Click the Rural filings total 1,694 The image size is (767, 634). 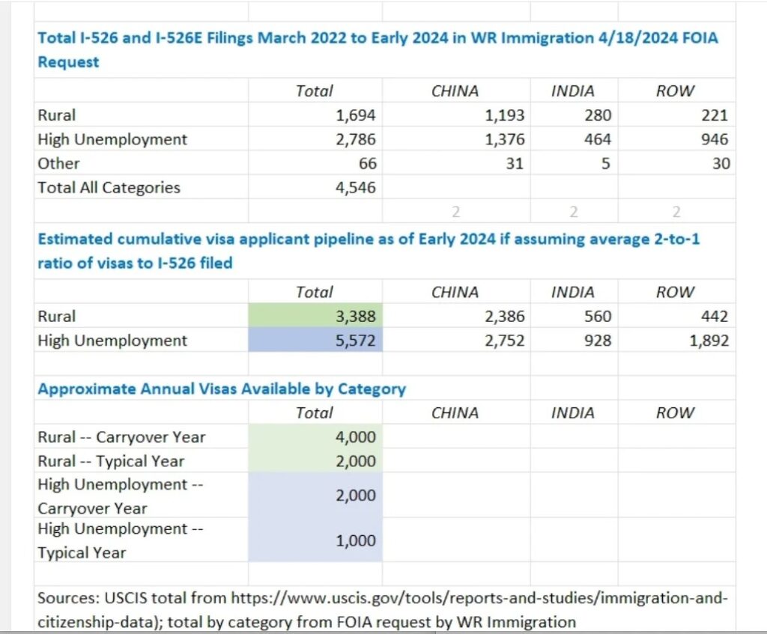point(356,115)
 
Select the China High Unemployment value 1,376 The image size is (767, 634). point(505,139)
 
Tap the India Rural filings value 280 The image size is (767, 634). point(598,115)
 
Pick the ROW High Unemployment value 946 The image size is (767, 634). point(715,139)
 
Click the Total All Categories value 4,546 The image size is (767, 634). point(356,188)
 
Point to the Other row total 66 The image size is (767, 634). point(367,163)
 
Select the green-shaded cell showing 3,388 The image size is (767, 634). point(315,316)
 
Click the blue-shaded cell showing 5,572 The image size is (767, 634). point(315,340)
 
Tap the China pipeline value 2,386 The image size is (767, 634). point(505,317)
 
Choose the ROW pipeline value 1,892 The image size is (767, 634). point(709,341)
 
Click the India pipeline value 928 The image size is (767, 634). point(598,341)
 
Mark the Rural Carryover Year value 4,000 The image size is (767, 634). point(356,437)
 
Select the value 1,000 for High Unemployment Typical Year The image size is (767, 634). point(356,540)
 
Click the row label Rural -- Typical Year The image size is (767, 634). point(111,461)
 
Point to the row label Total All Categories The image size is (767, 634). point(109,188)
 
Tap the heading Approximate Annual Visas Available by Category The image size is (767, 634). point(222,389)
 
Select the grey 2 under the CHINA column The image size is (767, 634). point(456,212)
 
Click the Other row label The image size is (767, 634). point(58,163)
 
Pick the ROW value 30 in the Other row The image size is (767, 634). point(721,163)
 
